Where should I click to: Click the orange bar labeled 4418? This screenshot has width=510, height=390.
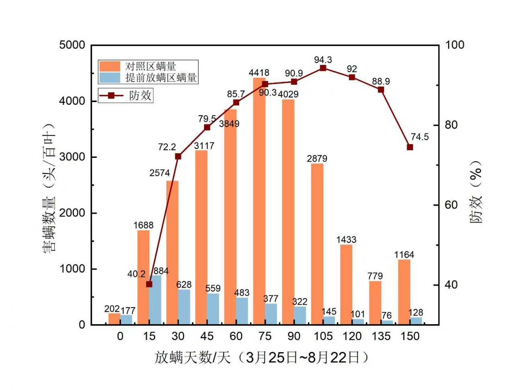259,201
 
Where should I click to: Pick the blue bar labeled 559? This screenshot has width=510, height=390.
213,309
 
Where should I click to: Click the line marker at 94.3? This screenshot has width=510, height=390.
323,68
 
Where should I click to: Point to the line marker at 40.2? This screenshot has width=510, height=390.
149,284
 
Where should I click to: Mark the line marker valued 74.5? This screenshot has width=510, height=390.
410,147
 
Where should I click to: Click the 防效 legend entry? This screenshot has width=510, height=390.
125,95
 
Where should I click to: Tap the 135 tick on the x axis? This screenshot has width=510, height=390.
381,336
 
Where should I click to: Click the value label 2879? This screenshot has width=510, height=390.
317,159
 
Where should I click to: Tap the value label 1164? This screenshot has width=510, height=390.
404,255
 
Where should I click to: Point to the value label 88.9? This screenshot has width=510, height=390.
380,82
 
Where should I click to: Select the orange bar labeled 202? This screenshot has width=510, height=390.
114,319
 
